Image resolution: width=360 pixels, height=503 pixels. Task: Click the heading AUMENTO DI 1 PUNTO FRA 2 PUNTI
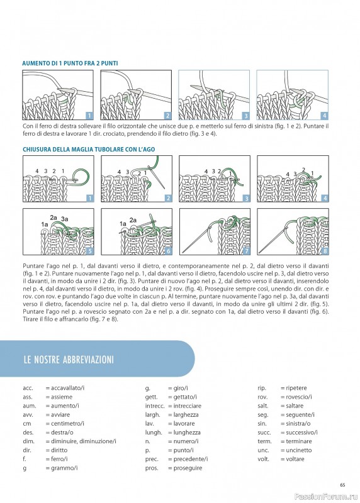click(x=70, y=64)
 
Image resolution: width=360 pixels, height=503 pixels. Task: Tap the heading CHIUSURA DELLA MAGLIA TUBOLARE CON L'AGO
click(x=89, y=149)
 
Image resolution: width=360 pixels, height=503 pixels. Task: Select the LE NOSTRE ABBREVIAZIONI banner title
click(x=69, y=360)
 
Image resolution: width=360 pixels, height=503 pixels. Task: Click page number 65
click(x=342, y=485)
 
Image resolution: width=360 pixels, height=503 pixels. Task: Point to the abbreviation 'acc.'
click(x=28, y=388)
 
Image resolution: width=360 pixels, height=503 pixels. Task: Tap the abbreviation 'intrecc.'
click(x=155, y=406)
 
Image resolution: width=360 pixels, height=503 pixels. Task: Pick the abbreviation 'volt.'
click(x=263, y=459)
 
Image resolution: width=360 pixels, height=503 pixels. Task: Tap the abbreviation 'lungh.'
click(x=154, y=433)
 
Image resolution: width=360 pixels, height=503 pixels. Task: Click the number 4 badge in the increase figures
click(x=324, y=116)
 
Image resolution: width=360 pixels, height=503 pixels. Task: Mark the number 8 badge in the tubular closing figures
click(x=325, y=251)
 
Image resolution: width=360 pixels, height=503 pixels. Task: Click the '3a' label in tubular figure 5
click(x=65, y=219)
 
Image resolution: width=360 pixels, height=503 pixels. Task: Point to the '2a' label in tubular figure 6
click(x=133, y=220)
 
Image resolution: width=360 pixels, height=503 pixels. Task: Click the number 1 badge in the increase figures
click(x=89, y=116)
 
